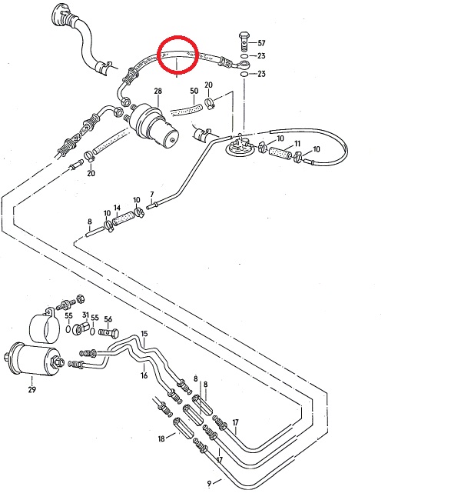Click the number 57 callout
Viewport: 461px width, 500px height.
tap(261, 42)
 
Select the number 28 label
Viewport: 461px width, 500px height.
tap(157, 92)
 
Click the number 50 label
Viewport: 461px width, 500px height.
tap(194, 91)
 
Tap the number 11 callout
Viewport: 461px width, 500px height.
tap(297, 144)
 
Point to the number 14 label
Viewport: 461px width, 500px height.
tap(117, 208)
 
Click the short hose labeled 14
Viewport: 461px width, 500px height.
tap(123, 222)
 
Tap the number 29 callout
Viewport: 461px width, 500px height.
tap(32, 390)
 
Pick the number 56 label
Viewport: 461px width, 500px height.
tap(108, 319)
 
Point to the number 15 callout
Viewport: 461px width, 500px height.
tap(144, 333)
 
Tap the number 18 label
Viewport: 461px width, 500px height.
tap(161, 438)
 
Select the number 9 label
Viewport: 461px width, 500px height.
tap(209, 484)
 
